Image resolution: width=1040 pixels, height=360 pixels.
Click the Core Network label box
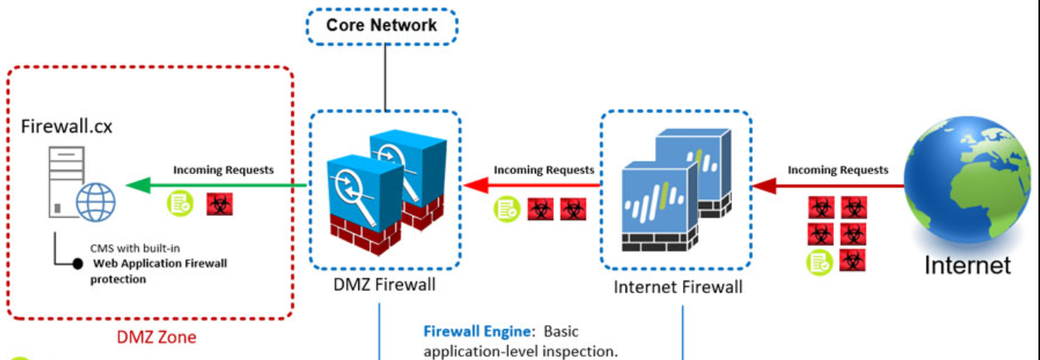381,25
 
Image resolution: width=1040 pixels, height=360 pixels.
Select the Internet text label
967,265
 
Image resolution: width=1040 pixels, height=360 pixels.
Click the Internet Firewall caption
678,287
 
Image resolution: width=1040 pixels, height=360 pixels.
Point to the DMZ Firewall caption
384,285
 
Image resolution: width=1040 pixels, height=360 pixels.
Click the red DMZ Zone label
156,337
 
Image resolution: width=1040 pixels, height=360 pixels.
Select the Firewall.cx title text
67,126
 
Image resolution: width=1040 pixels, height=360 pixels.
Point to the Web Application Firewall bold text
159,264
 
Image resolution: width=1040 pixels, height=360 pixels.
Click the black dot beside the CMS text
78,264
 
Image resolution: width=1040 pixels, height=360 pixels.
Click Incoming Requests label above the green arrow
223,170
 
